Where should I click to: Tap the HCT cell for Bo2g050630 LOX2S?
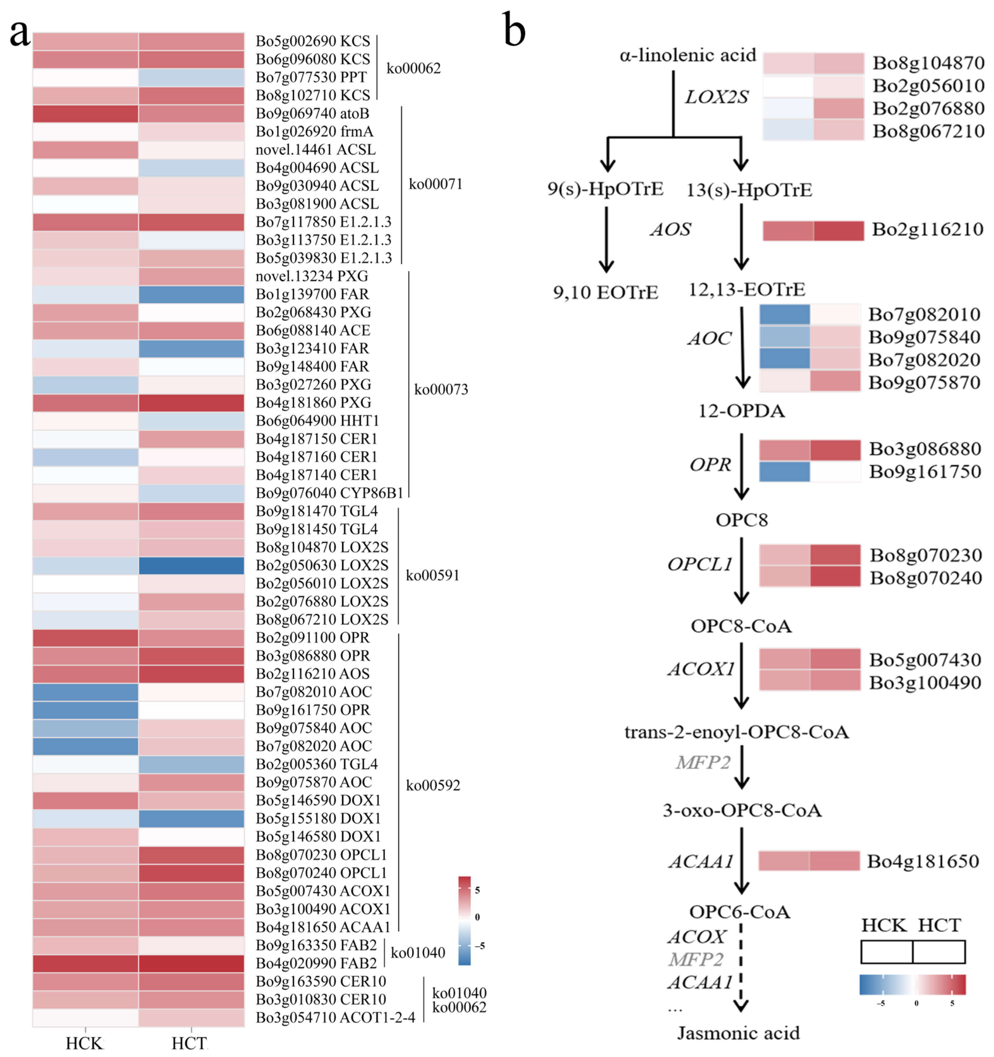(x=191, y=565)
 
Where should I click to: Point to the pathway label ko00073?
(x=441, y=389)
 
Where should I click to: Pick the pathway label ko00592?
(x=433, y=785)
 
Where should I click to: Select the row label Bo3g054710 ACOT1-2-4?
(x=335, y=1017)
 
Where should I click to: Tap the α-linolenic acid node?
(x=687, y=55)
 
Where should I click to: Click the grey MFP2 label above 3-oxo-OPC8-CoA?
(x=703, y=762)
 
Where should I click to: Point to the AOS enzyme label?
(x=671, y=229)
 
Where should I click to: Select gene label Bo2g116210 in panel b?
(x=927, y=229)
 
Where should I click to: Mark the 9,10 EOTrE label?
(x=605, y=292)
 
